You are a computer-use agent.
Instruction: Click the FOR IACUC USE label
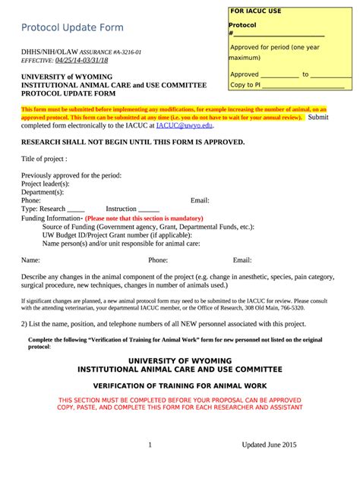[x=255, y=11]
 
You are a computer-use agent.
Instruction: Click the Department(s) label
[x=43, y=192]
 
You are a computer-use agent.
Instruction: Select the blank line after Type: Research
[x=76, y=209]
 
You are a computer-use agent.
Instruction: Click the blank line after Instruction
[x=150, y=209]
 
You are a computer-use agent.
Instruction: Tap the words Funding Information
[x=50, y=218]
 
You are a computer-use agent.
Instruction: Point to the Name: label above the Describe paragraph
[x=30, y=259]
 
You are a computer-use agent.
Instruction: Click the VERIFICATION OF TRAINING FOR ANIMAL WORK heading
[x=179, y=385]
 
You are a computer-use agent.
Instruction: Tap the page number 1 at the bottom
[x=150, y=445]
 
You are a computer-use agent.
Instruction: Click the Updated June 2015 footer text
[x=269, y=445]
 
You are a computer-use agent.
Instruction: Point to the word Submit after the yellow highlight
[x=317, y=118]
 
